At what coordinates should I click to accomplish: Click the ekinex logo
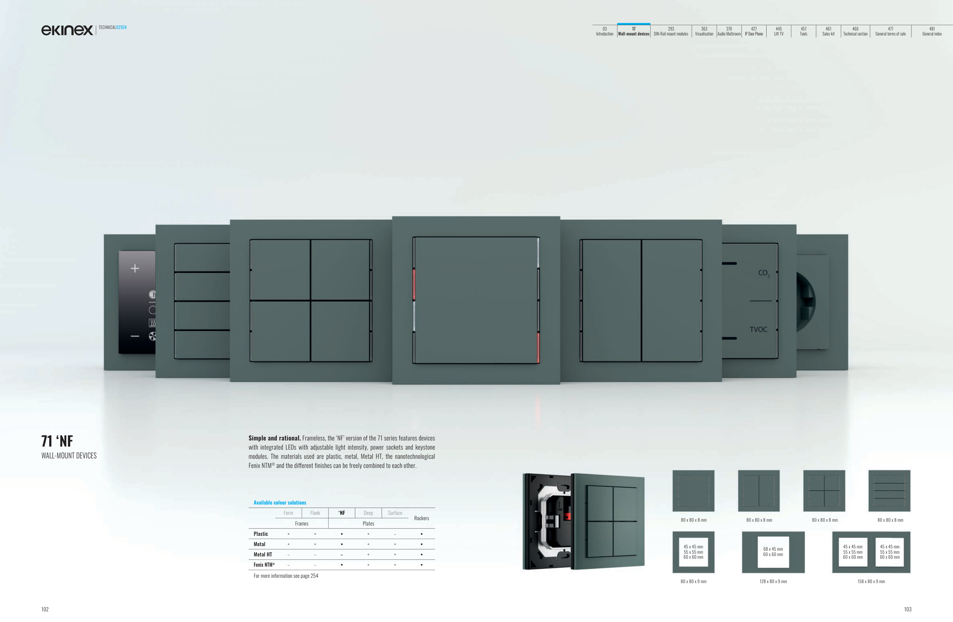(x=67, y=30)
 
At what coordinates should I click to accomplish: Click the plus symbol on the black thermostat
(x=135, y=268)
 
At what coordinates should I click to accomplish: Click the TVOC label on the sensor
(x=758, y=329)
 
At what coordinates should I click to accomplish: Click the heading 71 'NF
(x=57, y=441)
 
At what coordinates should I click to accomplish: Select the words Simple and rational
(x=274, y=438)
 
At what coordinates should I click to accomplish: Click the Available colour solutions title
(x=280, y=503)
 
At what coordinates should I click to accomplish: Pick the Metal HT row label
(x=263, y=555)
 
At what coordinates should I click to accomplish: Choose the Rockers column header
(x=422, y=518)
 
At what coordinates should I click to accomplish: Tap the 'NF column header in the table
(x=342, y=513)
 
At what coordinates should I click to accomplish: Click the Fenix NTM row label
(x=264, y=565)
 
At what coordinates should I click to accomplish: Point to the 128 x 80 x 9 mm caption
(x=773, y=582)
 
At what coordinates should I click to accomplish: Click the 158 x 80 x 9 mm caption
(x=871, y=582)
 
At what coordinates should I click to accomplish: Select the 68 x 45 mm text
(x=773, y=549)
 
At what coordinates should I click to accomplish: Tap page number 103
(x=908, y=609)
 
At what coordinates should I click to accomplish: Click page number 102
(x=45, y=609)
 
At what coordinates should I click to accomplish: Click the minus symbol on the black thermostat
(x=135, y=336)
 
